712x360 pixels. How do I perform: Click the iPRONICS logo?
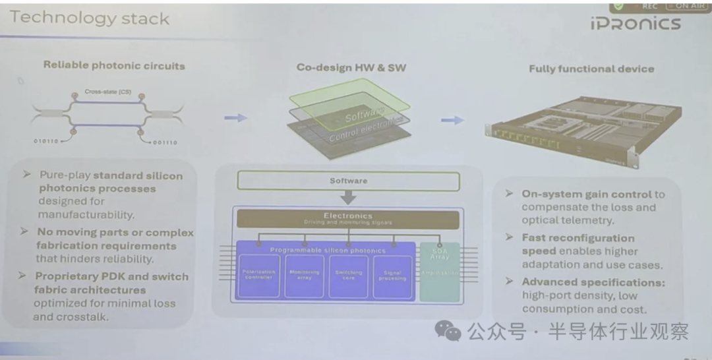click(x=635, y=24)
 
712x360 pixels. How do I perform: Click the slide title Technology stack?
click(x=90, y=18)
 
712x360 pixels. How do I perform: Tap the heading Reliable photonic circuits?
click(x=114, y=65)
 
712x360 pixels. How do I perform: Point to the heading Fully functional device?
click(x=591, y=69)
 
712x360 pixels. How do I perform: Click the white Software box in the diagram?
click(x=348, y=181)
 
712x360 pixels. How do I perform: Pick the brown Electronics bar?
click(x=347, y=219)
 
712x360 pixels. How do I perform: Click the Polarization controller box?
click(x=258, y=275)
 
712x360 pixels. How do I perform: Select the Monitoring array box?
click(x=304, y=275)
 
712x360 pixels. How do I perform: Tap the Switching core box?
click(x=348, y=275)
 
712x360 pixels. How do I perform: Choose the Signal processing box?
click(x=393, y=275)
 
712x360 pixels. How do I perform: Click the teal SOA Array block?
click(x=439, y=271)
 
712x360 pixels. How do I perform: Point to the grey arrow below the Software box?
click(x=348, y=197)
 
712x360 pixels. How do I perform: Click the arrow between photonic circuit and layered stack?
click(x=235, y=118)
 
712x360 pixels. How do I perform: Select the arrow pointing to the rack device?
click(x=452, y=120)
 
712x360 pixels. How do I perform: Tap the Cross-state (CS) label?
click(x=106, y=92)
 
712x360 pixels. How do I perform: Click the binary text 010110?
click(x=47, y=141)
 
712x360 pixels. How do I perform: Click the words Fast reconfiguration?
click(x=578, y=238)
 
